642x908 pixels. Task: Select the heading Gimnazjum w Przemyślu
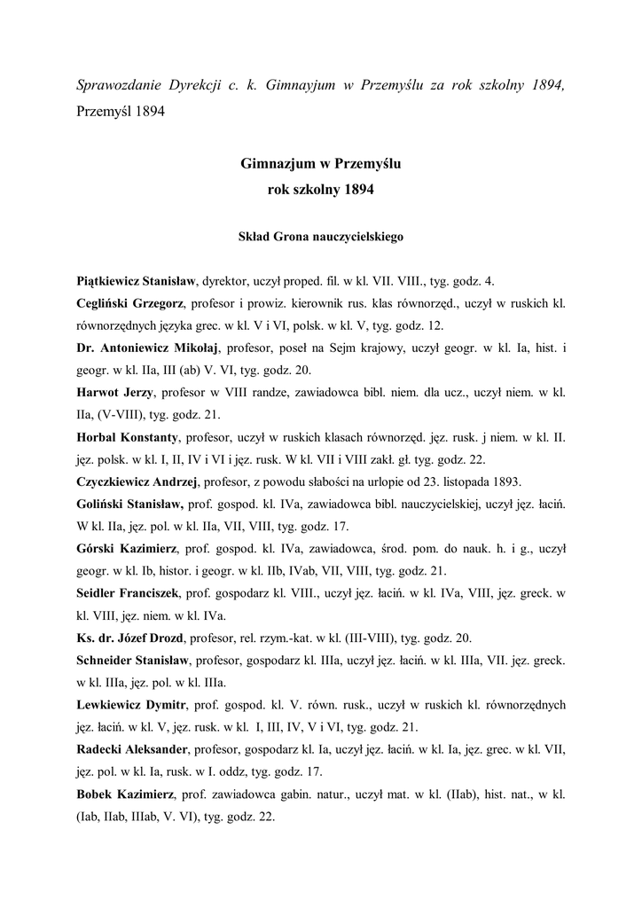click(321, 164)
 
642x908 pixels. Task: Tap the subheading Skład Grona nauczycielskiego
click(321, 238)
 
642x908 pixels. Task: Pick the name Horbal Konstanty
click(128, 438)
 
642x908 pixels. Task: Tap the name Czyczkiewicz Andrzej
click(137, 482)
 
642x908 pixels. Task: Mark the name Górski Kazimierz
click(126, 549)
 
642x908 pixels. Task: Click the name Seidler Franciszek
click(129, 593)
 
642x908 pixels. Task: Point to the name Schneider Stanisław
click(133, 661)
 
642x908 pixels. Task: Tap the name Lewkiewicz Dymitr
click(129, 705)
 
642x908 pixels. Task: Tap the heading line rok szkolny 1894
click(321, 189)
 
